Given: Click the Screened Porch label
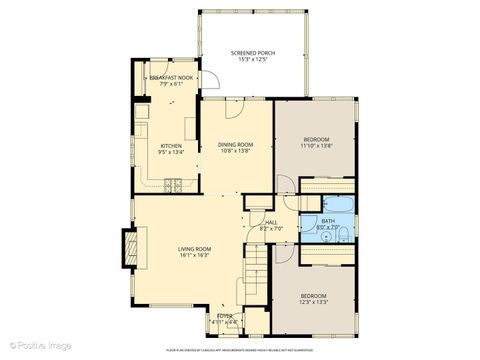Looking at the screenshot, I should [x=252, y=52].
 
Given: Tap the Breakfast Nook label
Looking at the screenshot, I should [x=171, y=76].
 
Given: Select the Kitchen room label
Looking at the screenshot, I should [x=172, y=146].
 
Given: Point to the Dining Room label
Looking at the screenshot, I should [x=236, y=145].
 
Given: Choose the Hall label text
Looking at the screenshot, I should [x=271, y=222].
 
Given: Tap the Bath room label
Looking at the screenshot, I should [x=329, y=221].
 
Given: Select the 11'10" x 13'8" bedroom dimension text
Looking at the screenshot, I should [x=315, y=145].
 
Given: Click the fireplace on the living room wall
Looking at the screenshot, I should [x=128, y=249].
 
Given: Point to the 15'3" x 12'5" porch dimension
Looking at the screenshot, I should [x=252, y=59].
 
